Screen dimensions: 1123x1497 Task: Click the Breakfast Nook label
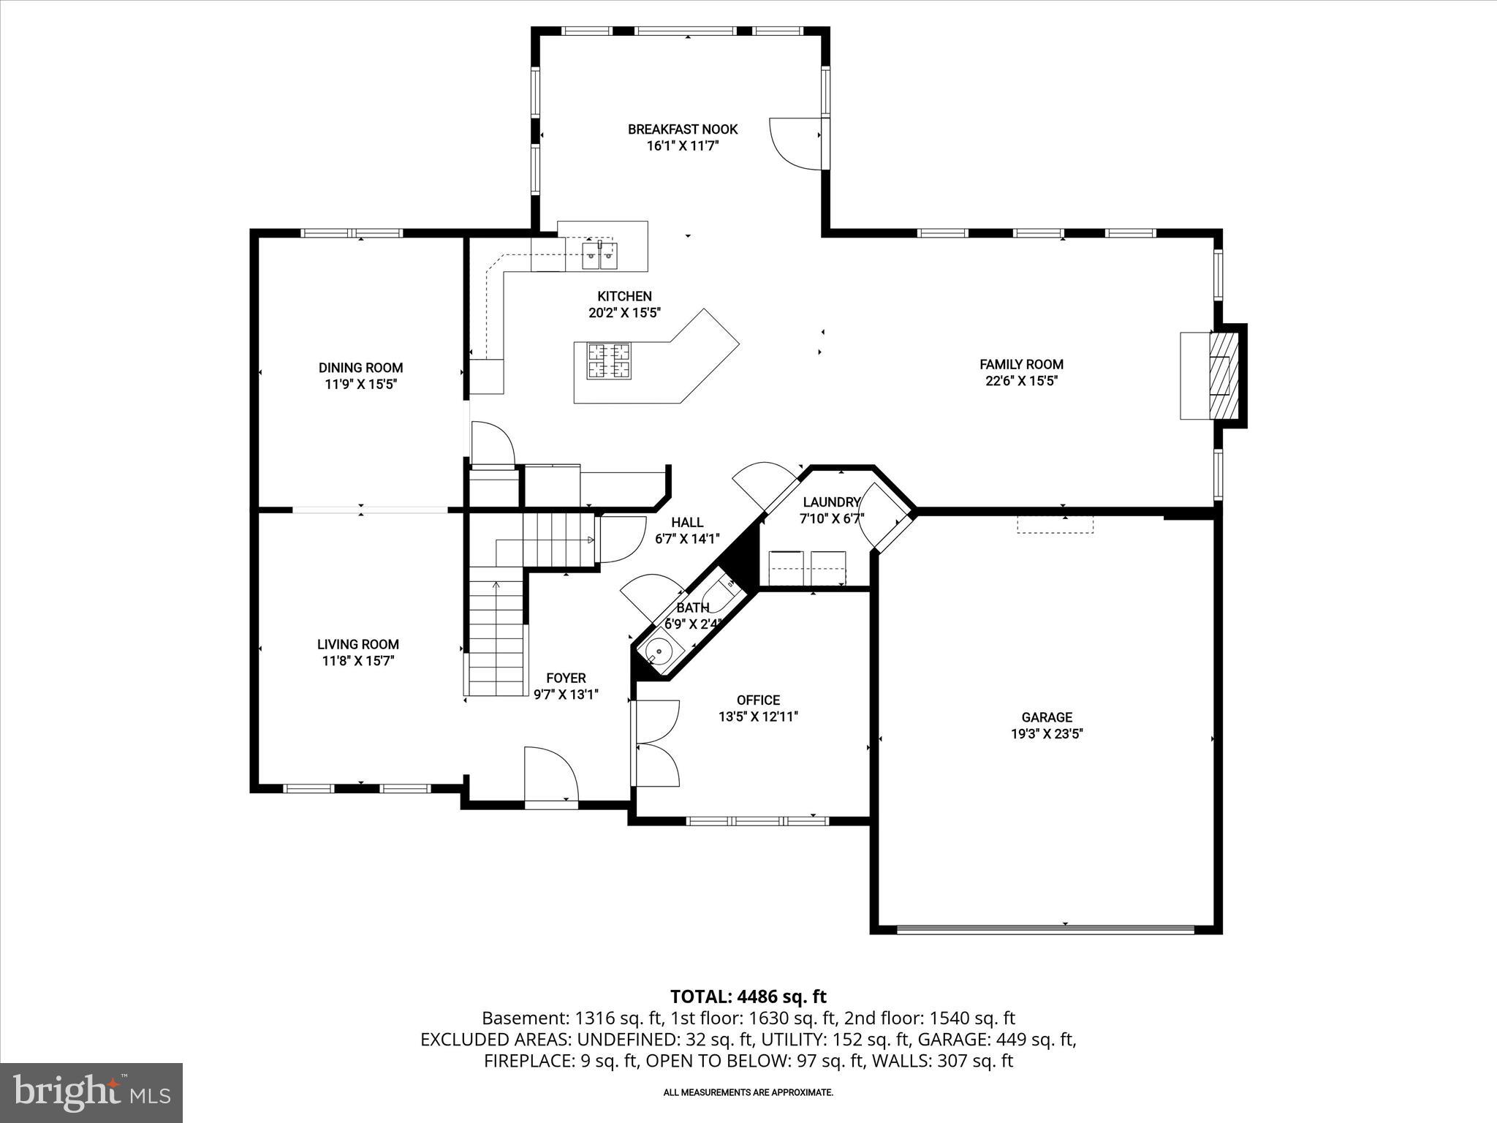683,129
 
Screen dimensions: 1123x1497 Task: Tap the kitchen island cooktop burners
610,360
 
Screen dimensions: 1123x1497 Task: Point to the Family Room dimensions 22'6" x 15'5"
1021,380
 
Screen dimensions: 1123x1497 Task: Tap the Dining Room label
360,368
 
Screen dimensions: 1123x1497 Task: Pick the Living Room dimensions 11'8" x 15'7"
358,661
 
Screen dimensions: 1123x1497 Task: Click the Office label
758,700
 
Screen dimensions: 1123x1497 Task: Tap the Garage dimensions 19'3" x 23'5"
1047,734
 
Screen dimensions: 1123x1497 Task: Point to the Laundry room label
831,502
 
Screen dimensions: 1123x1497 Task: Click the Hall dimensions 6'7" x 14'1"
687,539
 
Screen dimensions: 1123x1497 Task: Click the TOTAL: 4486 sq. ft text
748,997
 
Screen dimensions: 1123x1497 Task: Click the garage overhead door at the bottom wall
1045,930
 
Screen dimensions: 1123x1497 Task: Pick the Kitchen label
624,296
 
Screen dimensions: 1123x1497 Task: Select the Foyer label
565,678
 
